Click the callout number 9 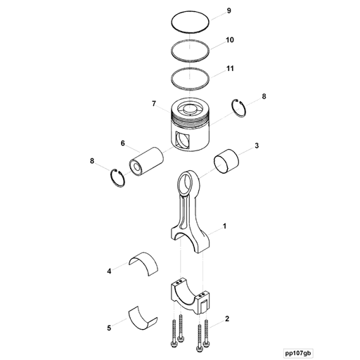click(x=229, y=12)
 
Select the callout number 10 click(x=230, y=41)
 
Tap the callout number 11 click(x=230, y=69)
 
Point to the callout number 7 click(x=153, y=104)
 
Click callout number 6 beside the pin click(x=122, y=143)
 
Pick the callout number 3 click(x=257, y=146)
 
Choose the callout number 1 click(x=224, y=226)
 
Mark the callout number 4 click(x=109, y=270)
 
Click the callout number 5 click(x=109, y=328)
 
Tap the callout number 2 click(x=227, y=319)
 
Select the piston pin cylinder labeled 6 click(x=146, y=162)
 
